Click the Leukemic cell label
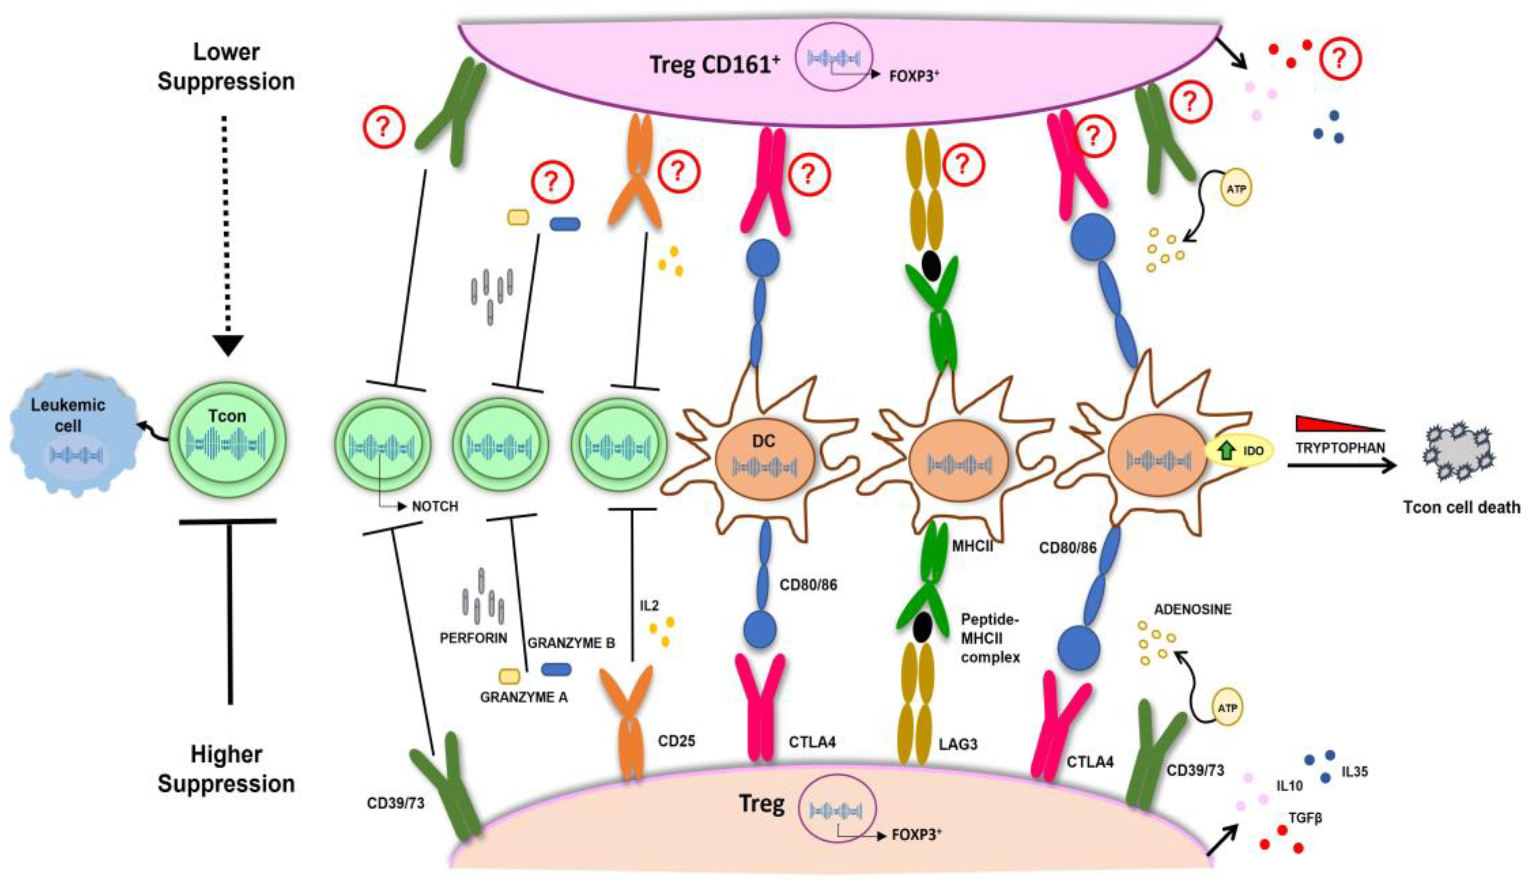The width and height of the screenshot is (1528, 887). [68, 415]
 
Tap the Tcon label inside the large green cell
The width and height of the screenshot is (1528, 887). [227, 416]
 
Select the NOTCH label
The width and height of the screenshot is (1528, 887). [434, 506]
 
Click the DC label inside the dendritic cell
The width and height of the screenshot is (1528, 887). [763, 441]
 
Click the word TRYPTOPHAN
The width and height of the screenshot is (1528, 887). [1340, 448]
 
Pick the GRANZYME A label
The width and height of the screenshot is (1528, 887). [523, 698]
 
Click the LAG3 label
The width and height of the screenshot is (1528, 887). [958, 744]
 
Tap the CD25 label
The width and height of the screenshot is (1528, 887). [676, 741]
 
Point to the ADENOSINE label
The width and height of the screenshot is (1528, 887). [1192, 610]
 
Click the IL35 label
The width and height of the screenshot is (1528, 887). [1354, 773]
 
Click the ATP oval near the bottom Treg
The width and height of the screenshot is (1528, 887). [1227, 708]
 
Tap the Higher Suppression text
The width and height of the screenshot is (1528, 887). [226, 769]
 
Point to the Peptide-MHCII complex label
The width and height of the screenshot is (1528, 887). [990, 638]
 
